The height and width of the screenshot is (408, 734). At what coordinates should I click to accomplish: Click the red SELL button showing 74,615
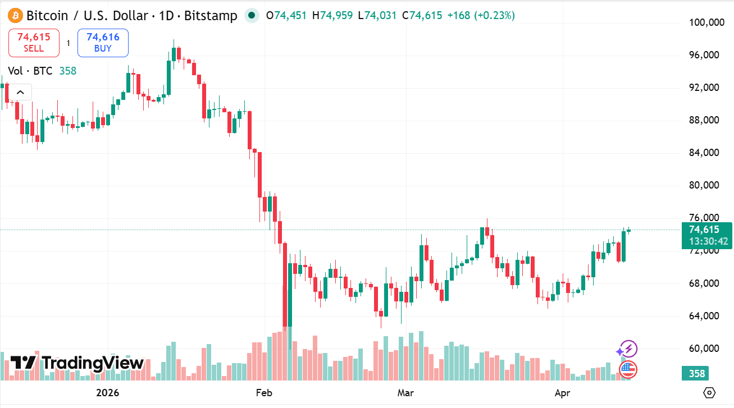(x=34, y=43)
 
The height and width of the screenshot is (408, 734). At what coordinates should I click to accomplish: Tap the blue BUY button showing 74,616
(x=103, y=43)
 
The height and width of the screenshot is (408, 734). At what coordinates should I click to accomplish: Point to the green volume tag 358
(x=697, y=373)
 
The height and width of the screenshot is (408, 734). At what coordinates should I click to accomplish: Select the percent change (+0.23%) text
(x=495, y=15)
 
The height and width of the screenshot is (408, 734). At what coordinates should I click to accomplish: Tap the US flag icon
(x=628, y=369)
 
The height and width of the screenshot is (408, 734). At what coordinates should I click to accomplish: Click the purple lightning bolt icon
(x=628, y=349)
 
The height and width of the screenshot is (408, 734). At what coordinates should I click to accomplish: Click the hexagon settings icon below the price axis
(x=709, y=392)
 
